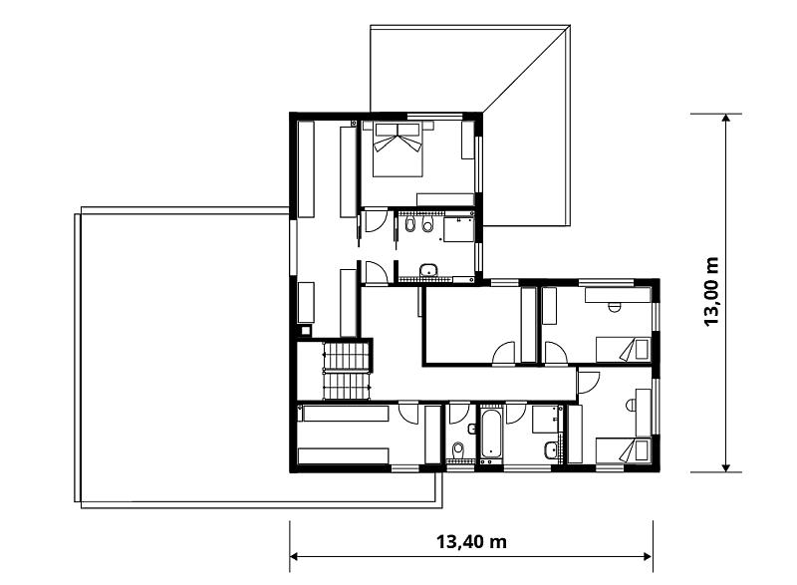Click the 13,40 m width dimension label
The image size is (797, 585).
pyautogui.click(x=471, y=542)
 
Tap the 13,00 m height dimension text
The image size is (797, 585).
pyautogui.click(x=711, y=292)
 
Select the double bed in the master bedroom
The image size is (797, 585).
pyautogui.click(x=398, y=149)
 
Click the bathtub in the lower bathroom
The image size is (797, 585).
pyautogui.click(x=491, y=434)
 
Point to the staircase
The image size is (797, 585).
pyautogui.click(x=346, y=371)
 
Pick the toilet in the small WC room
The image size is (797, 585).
pyautogui.click(x=458, y=449)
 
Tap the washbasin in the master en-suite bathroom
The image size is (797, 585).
pyautogui.click(x=429, y=270)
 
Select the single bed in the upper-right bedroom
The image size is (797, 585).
pyautogui.click(x=624, y=350)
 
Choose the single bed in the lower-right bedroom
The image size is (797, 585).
pyautogui.click(x=624, y=450)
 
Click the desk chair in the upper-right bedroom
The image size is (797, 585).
pyautogui.click(x=615, y=307)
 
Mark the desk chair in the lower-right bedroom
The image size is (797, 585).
pyautogui.click(x=632, y=405)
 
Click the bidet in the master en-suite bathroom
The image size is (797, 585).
pyautogui.click(x=410, y=223)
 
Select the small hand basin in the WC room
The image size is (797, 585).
pyautogui.click(x=471, y=430)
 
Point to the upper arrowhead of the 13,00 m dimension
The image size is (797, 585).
pyautogui.click(x=726, y=118)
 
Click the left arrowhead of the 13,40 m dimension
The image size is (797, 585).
pyautogui.click(x=294, y=556)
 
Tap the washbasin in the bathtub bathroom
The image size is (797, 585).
pyautogui.click(x=550, y=448)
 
